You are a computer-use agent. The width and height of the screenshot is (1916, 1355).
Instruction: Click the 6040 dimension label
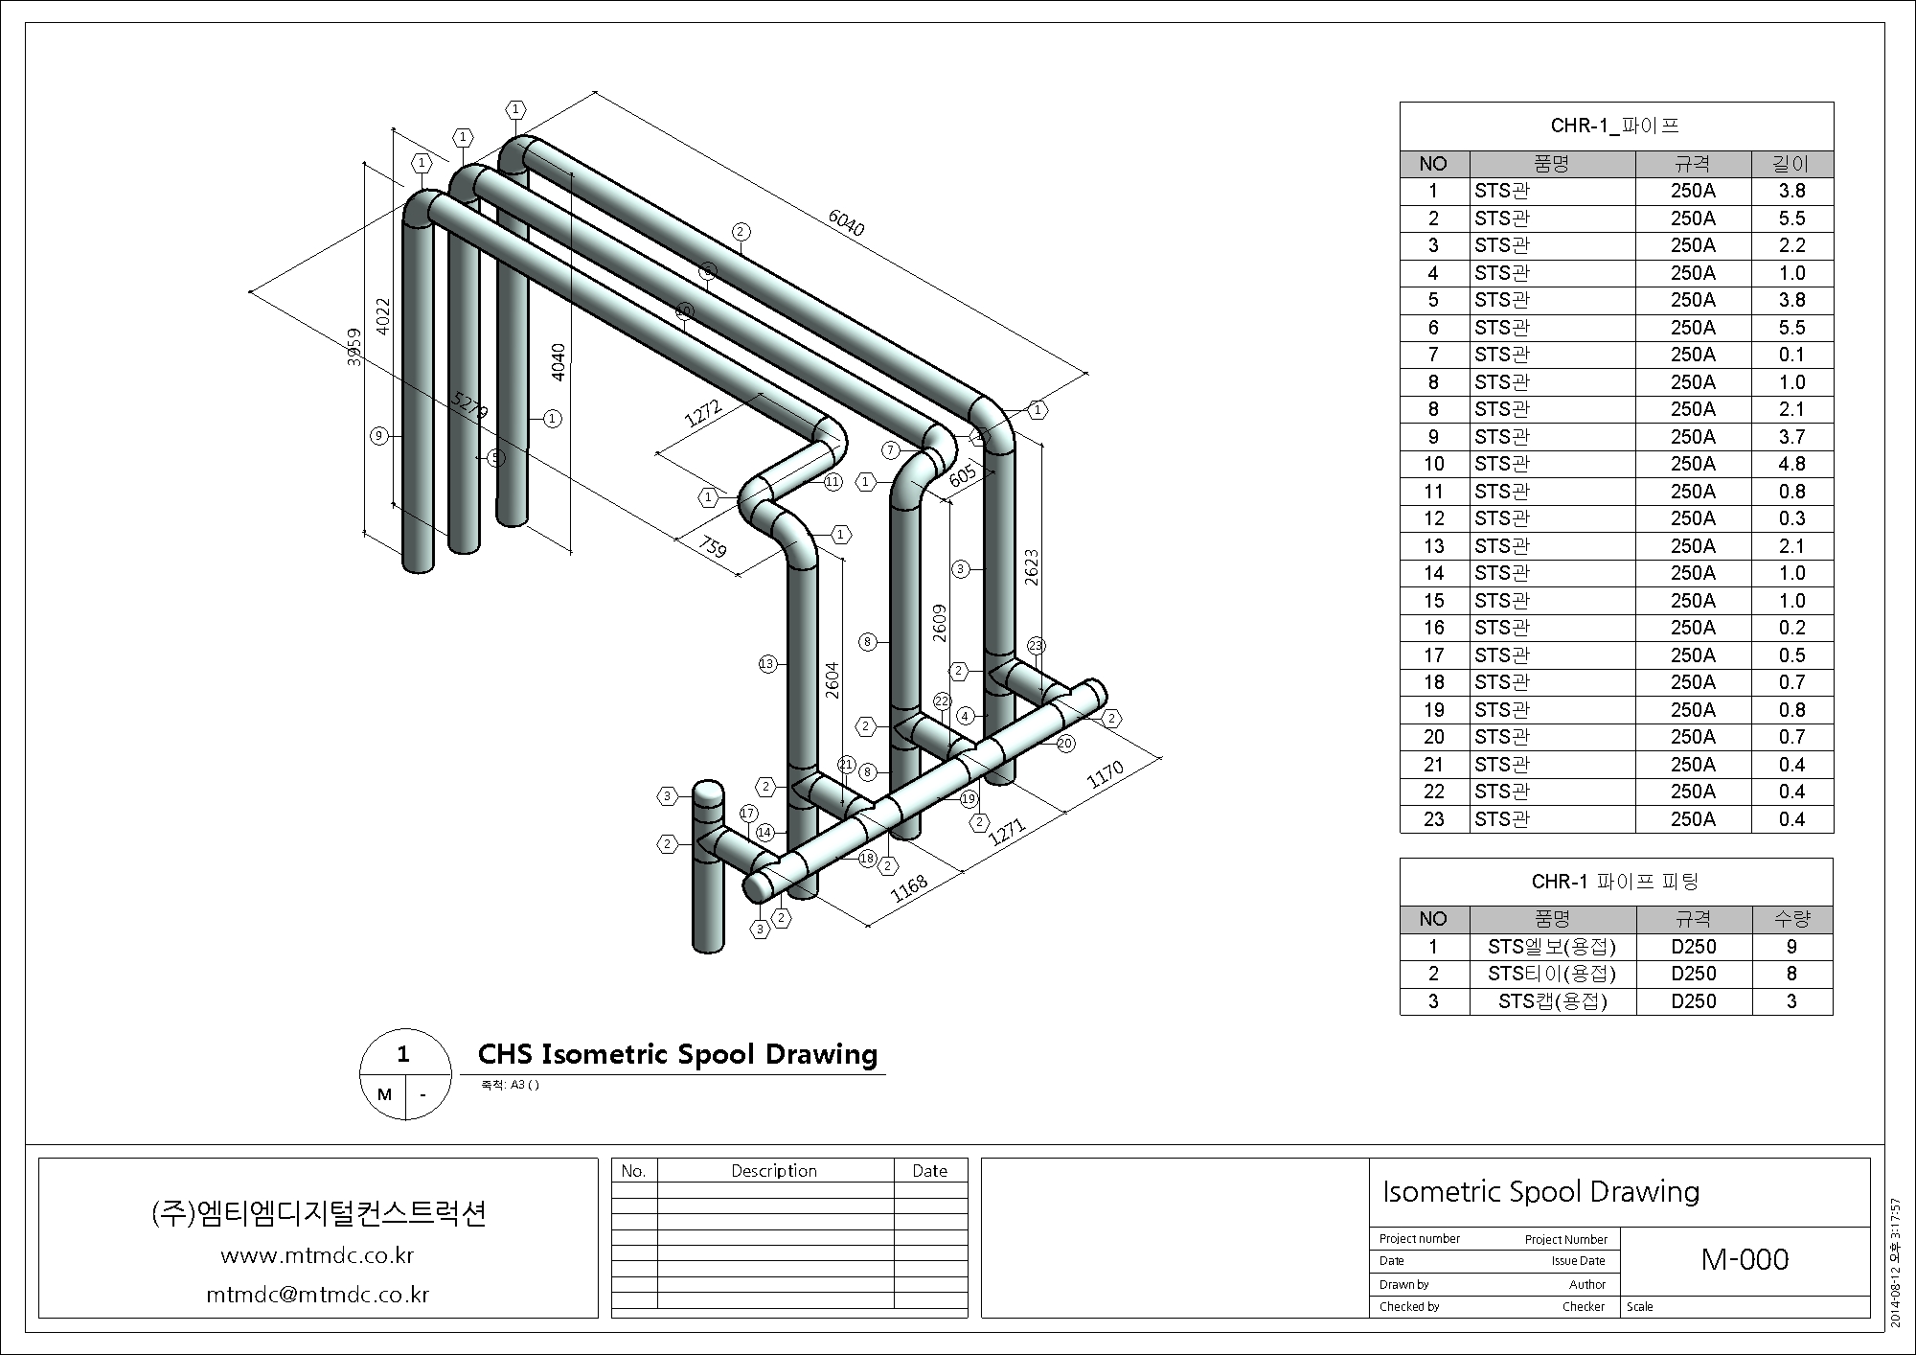tap(846, 223)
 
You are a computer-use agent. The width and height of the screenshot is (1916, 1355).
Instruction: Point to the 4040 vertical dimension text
tap(559, 362)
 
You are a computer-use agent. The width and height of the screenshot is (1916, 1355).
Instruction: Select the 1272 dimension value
tap(703, 413)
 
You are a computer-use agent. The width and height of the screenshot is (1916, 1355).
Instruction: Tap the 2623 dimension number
tap(1031, 567)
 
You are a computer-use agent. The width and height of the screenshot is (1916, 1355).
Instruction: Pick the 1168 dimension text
tap(909, 888)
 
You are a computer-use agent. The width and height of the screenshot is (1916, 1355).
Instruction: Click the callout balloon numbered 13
tap(767, 663)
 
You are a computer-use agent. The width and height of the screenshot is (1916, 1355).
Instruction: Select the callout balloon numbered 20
tap(1065, 743)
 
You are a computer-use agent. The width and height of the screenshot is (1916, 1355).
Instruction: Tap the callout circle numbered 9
tap(379, 436)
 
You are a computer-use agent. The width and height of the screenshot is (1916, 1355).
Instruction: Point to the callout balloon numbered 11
tap(833, 481)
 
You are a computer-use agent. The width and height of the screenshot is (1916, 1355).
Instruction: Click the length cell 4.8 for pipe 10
tap(1791, 464)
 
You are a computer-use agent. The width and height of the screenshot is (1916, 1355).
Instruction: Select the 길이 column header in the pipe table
tap(1791, 164)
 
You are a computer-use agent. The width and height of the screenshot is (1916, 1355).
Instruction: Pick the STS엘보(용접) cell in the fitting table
tap(1552, 947)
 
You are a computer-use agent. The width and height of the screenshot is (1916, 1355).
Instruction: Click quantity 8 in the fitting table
tap(1791, 974)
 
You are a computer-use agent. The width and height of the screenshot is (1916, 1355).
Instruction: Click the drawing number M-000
tap(1745, 1259)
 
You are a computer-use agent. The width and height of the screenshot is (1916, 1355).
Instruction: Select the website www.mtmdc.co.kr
tap(317, 1255)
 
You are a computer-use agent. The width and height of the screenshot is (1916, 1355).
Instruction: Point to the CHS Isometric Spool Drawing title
tap(677, 1054)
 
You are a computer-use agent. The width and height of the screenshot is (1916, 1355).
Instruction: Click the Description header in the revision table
tap(774, 1171)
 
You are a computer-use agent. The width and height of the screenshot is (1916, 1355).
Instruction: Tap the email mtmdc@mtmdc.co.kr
tap(318, 1295)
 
